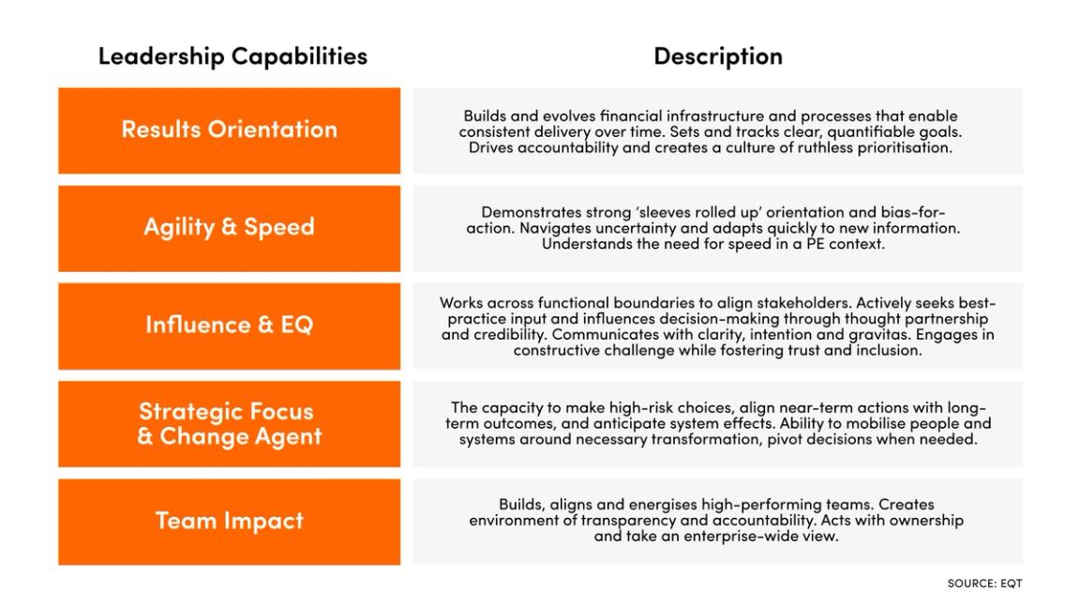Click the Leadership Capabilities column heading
click(x=232, y=56)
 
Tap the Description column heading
click(x=717, y=56)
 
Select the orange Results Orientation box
click(x=229, y=130)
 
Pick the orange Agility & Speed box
click(x=229, y=228)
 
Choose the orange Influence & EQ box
click(x=229, y=326)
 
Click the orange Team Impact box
click(x=229, y=521)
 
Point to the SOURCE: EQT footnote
click(x=984, y=584)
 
